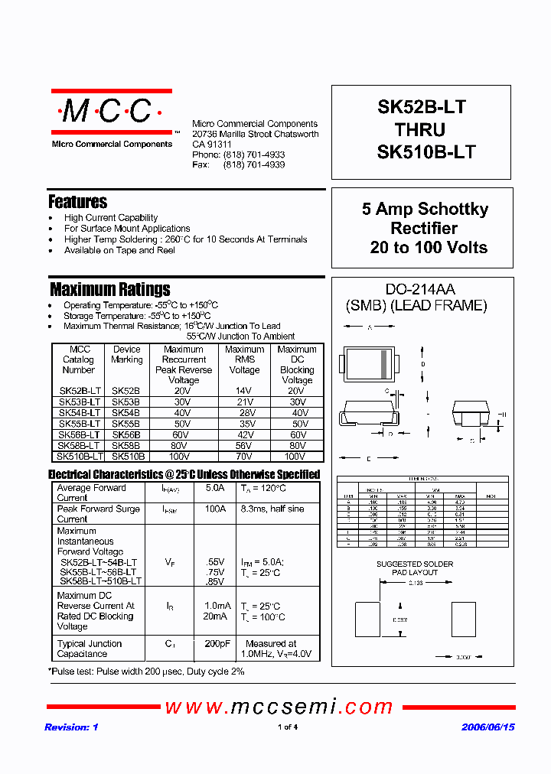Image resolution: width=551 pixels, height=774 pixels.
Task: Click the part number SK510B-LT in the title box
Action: [426, 151]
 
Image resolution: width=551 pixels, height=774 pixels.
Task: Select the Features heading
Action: [77, 202]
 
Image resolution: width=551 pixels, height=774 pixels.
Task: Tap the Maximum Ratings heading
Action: [109, 289]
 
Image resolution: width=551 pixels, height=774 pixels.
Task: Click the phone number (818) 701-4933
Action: [254, 154]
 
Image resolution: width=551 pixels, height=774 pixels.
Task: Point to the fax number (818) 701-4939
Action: [254, 164]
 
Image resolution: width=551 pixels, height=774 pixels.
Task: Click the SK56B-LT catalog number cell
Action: [79, 434]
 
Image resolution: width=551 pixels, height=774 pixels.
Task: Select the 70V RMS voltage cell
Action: [244, 456]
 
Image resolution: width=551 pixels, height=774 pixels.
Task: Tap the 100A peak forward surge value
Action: [216, 509]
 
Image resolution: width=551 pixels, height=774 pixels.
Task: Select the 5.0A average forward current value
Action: [216, 488]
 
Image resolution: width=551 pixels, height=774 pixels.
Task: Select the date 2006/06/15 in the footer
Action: [487, 727]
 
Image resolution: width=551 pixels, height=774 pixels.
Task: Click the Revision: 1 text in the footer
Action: [71, 727]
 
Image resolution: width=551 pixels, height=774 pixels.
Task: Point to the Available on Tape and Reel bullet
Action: [119, 250]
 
